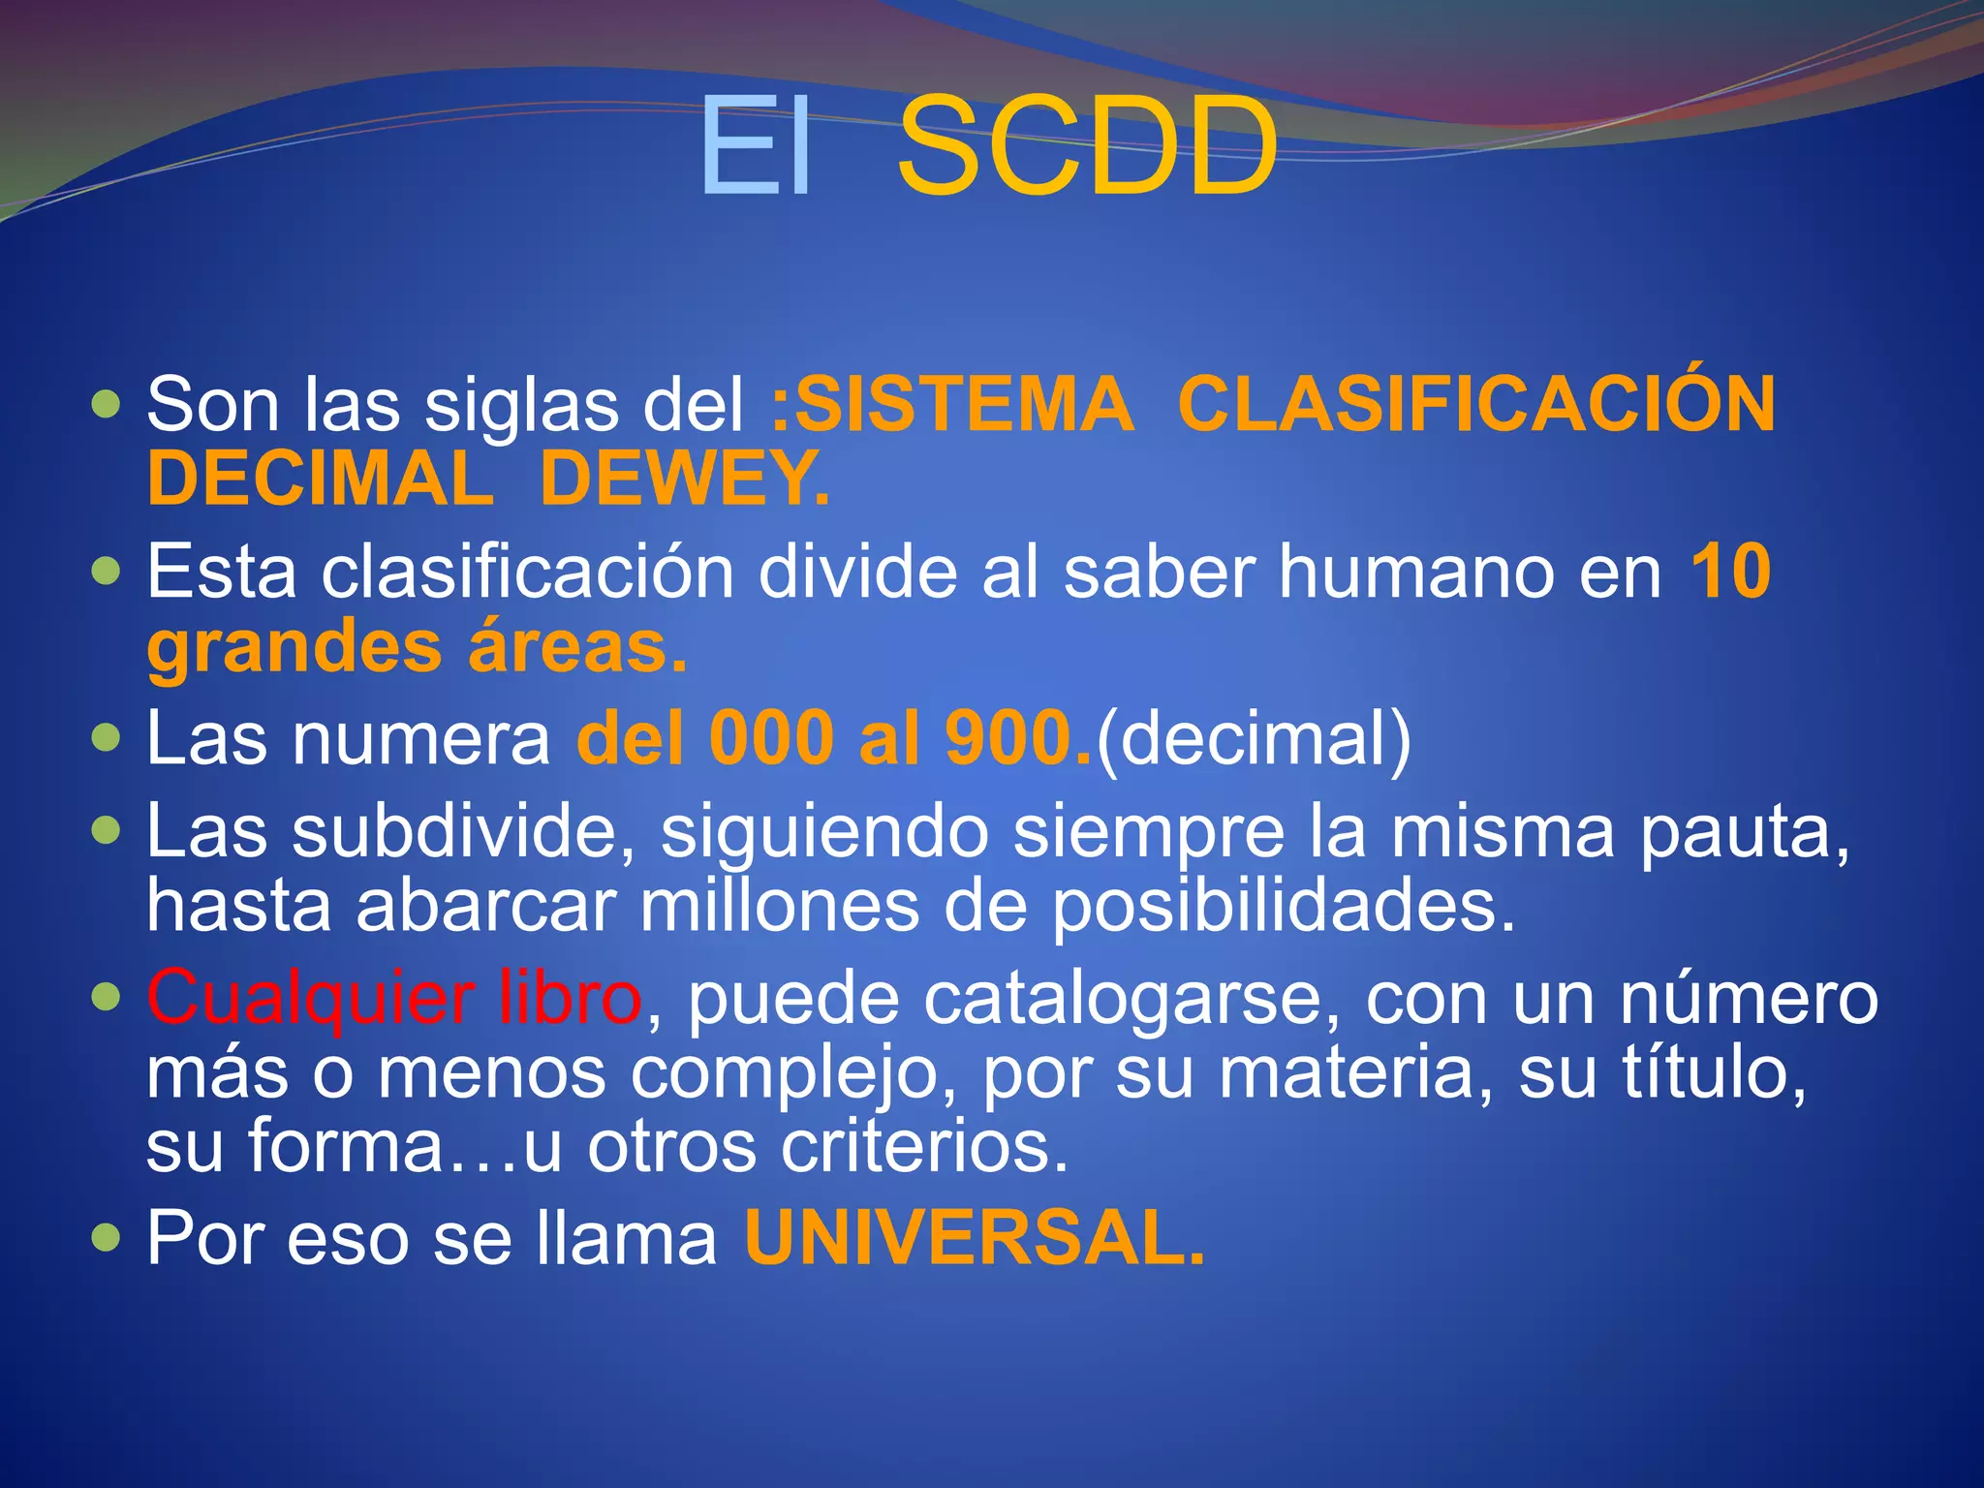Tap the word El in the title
pyautogui.click(x=755, y=147)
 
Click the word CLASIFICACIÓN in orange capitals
pyautogui.click(x=1476, y=405)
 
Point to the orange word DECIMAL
pyautogui.click(x=320, y=479)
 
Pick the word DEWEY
pyautogui.click(x=684, y=479)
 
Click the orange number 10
pyautogui.click(x=1731, y=572)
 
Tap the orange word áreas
pyautogui.click(x=577, y=647)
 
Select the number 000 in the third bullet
pyautogui.click(x=771, y=739)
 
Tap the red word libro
pyautogui.click(x=569, y=998)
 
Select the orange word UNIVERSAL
pyautogui.click(x=974, y=1238)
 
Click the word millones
pyautogui.click(x=779, y=906)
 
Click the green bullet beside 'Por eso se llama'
pyautogui.click(x=106, y=1237)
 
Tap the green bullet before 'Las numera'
pyautogui.click(x=106, y=739)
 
